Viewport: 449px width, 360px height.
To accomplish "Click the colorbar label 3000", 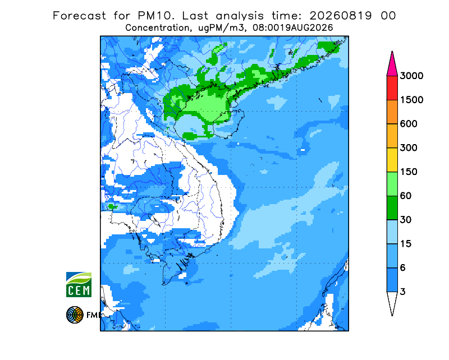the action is coord(411,76).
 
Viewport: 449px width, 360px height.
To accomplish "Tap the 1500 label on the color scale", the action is coord(411,100).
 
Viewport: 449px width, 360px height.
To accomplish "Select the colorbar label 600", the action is coord(409,124).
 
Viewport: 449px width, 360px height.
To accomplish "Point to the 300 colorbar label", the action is coord(409,148).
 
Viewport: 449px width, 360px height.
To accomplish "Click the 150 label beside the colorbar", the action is coord(409,172).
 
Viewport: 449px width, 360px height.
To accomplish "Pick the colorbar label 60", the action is coord(406,196).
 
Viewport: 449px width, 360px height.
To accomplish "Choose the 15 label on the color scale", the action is coord(406,244).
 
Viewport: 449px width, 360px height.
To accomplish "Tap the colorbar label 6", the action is coord(403,268).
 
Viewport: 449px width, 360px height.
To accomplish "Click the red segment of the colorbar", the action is coord(392,88).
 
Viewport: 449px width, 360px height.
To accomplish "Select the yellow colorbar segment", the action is coord(392,160).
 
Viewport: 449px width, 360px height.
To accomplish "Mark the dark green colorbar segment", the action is coord(392,208).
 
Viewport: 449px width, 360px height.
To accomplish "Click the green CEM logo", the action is coord(79,284).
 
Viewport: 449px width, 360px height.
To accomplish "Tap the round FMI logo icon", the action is coord(75,315).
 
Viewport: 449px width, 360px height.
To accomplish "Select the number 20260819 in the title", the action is coord(341,16).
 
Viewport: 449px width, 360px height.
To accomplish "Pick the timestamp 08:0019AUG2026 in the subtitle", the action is coord(292,28).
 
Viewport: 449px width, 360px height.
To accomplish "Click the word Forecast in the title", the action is coord(79,16).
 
